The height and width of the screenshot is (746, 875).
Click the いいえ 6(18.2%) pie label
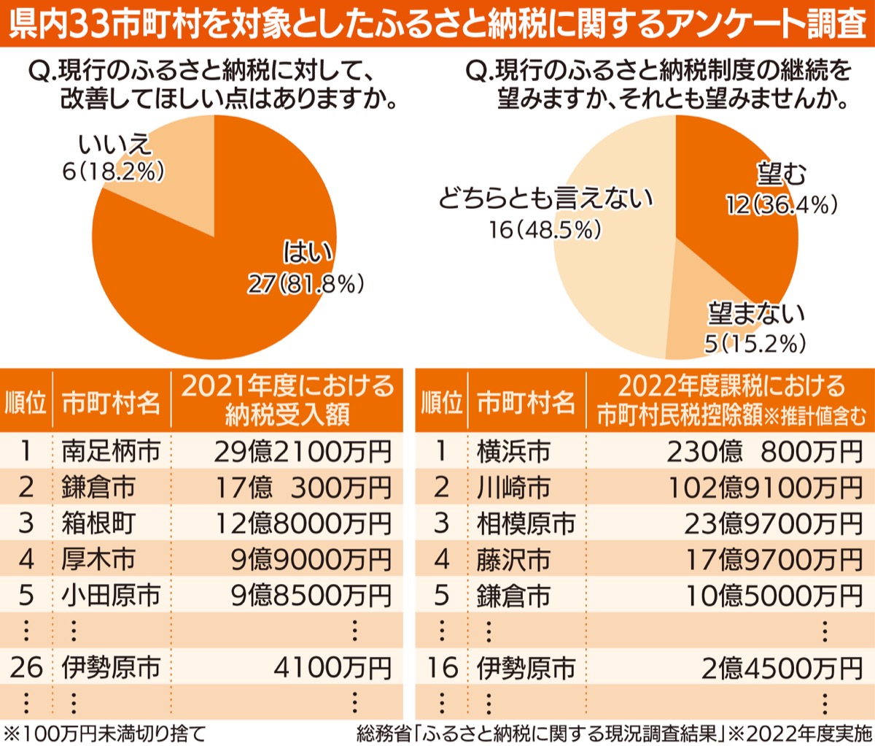[114, 157]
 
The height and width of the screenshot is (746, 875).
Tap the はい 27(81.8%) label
[306, 268]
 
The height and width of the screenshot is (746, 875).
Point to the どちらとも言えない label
[545, 199]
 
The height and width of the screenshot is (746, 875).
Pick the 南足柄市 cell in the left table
[111, 451]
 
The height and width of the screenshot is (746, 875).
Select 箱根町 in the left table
[98, 523]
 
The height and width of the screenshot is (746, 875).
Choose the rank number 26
[26, 667]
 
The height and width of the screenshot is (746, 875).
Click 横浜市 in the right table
[513, 452]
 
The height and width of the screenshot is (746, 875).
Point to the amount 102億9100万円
[766, 488]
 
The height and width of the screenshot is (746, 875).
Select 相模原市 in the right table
[526, 523]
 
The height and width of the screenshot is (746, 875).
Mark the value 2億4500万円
[782, 668]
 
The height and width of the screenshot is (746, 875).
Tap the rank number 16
[442, 667]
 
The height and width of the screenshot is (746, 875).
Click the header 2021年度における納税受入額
[287, 400]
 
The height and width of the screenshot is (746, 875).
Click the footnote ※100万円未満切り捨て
[105, 733]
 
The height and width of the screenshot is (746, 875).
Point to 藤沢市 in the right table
[513, 560]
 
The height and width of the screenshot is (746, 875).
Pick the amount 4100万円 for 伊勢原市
[332, 667]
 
